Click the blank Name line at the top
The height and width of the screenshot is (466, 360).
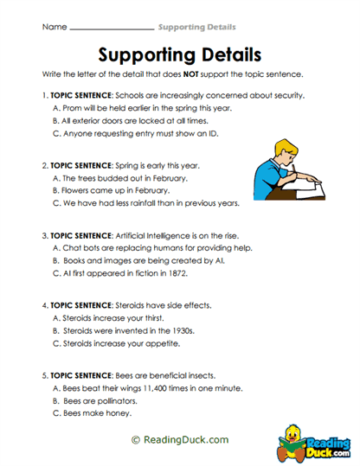110,29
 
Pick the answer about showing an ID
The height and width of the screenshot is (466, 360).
134,135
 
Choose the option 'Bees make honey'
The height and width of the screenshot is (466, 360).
100,413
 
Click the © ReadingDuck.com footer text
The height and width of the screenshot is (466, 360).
179,439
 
